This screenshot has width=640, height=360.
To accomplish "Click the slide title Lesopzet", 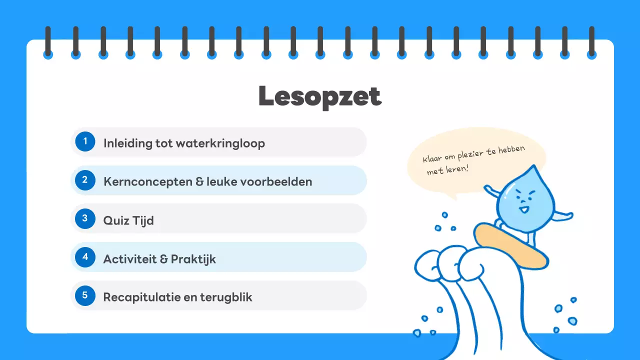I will [x=320, y=97].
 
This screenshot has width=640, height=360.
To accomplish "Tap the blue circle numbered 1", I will [x=85, y=141].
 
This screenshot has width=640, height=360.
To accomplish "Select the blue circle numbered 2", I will [x=85, y=180].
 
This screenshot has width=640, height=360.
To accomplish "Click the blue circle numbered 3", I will [x=85, y=218].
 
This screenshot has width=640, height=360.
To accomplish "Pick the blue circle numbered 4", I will [x=85, y=257].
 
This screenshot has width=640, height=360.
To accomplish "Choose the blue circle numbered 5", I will [x=85, y=295].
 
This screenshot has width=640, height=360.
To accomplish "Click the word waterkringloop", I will [x=220, y=143].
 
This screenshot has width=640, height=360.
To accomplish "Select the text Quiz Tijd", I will [x=128, y=220].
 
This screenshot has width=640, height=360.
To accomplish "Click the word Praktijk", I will [x=193, y=259].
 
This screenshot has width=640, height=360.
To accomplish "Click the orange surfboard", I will [x=510, y=245].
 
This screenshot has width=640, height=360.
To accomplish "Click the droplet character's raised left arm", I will [x=492, y=192].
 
